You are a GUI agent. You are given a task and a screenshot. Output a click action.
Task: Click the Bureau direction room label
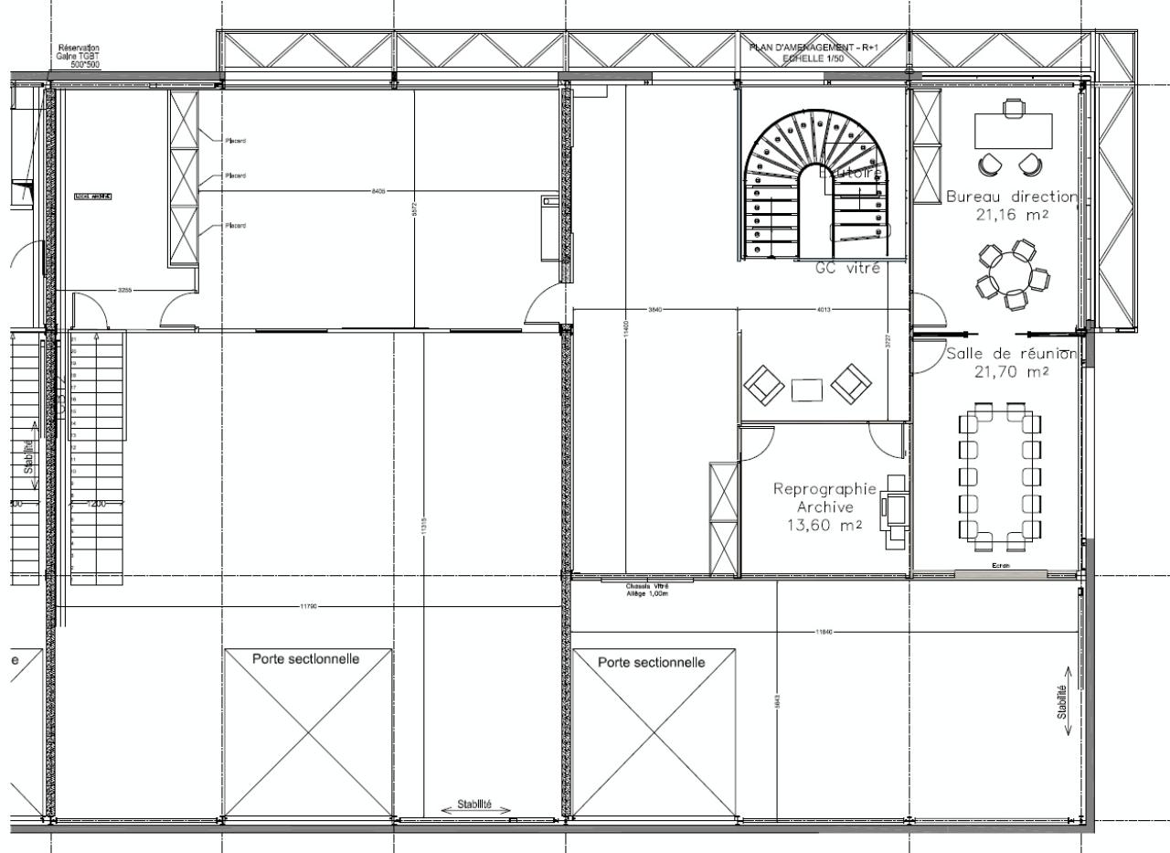tap(1012, 197)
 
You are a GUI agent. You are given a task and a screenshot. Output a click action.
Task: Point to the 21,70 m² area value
tap(1011, 372)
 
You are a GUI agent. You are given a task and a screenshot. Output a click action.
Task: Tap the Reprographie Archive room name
tap(824, 497)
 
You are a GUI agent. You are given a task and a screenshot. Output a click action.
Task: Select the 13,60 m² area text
tap(824, 526)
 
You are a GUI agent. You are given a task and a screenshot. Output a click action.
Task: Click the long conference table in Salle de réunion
tap(999, 476)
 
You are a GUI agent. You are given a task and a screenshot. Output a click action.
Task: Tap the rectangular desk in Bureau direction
tap(1013, 131)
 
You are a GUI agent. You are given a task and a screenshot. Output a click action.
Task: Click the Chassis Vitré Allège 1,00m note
tap(646, 590)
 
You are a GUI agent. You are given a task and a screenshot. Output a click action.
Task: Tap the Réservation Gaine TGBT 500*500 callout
tap(79, 56)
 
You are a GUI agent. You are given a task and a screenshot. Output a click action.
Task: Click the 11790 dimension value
tap(309, 607)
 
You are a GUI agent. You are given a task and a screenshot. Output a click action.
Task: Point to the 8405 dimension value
tap(378, 190)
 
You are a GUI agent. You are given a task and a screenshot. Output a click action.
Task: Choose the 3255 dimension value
tap(124, 290)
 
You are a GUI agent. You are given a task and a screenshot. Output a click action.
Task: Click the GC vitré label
tap(847, 269)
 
